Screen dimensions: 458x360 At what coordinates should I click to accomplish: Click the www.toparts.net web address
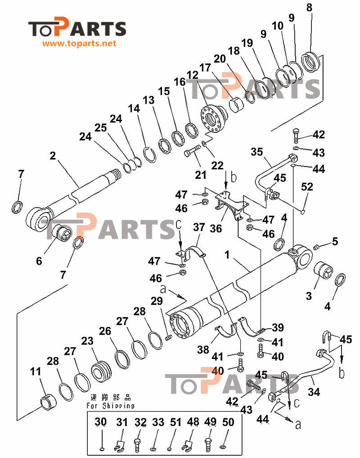80,44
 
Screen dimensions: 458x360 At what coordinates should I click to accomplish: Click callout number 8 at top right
309,8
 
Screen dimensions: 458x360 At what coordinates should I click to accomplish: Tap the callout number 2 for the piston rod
53,156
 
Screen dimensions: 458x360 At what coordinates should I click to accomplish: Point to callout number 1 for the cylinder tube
228,255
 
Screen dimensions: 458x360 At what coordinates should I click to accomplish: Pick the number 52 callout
307,186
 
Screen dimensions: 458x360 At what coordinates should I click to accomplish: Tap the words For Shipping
110,406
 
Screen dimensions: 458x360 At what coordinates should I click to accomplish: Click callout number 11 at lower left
36,372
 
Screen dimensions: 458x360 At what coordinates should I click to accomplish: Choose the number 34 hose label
314,392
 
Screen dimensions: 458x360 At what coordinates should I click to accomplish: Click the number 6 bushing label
39,261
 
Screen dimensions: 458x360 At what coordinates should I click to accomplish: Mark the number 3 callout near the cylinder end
309,296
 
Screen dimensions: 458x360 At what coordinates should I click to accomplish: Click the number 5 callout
335,241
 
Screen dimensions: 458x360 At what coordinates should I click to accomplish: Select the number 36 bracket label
216,229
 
